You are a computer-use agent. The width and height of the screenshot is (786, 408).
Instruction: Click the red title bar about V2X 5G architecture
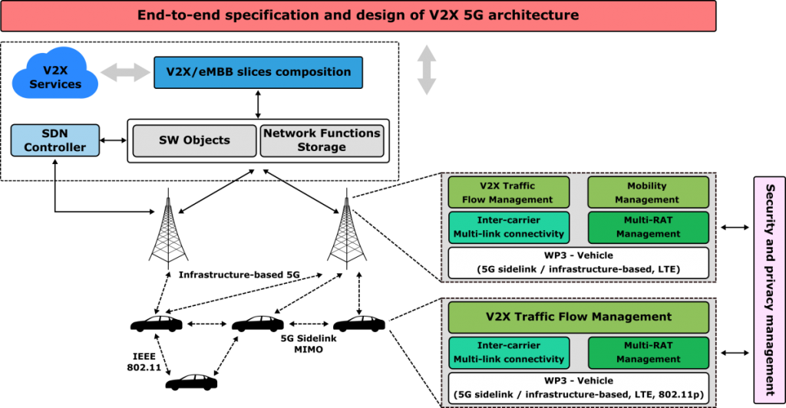click(358, 15)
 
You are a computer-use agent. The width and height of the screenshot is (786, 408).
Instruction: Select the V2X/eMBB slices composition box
click(258, 72)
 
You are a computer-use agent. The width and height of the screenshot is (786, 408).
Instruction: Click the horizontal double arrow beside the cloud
click(126, 73)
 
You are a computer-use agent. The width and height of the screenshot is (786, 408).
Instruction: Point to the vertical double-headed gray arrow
click(426, 71)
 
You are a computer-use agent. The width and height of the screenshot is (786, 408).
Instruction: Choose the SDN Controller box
click(55, 140)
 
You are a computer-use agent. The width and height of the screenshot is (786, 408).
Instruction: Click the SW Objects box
click(194, 140)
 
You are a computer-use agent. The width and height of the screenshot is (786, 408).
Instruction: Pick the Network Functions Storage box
click(322, 140)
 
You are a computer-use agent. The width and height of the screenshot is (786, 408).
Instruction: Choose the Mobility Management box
click(647, 192)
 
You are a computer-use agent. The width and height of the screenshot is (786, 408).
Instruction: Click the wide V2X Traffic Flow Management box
click(578, 317)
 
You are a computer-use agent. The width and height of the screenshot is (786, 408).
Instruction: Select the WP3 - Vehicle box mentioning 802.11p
click(578, 387)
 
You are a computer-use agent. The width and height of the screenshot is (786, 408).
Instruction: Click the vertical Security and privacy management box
click(770, 288)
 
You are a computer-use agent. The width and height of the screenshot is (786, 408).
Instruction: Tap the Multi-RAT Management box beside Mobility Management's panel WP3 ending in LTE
click(647, 227)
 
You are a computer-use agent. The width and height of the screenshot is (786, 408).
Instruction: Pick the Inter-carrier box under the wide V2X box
click(509, 352)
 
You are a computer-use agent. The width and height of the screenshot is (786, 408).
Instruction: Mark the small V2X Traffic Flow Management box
click(508, 192)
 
